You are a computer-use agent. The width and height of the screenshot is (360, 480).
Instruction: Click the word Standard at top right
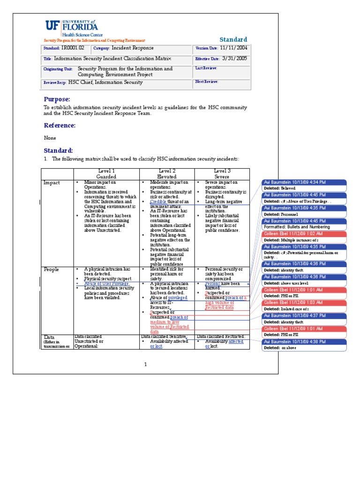click(233, 39)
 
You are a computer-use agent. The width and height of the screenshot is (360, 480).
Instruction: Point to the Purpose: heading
click(57, 99)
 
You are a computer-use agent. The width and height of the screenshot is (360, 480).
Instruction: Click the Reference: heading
click(60, 125)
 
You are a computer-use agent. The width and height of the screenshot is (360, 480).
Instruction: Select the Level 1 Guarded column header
click(106, 174)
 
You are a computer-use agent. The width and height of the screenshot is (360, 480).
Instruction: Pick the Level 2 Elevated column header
click(167, 174)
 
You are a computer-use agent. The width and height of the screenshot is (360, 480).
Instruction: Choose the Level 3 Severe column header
click(222, 174)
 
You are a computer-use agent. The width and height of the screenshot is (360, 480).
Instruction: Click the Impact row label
click(52, 182)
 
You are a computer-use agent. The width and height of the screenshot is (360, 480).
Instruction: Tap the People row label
click(52, 270)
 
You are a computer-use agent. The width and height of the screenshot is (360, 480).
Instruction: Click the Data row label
click(49, 337)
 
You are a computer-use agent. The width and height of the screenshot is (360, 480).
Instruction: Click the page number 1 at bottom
click(145, 364)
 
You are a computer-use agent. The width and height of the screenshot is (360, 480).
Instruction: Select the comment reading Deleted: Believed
click(279, 188)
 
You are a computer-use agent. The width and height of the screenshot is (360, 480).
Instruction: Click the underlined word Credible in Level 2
click(159, 201)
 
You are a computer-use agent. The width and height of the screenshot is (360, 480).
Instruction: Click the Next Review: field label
click(207, 82)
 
